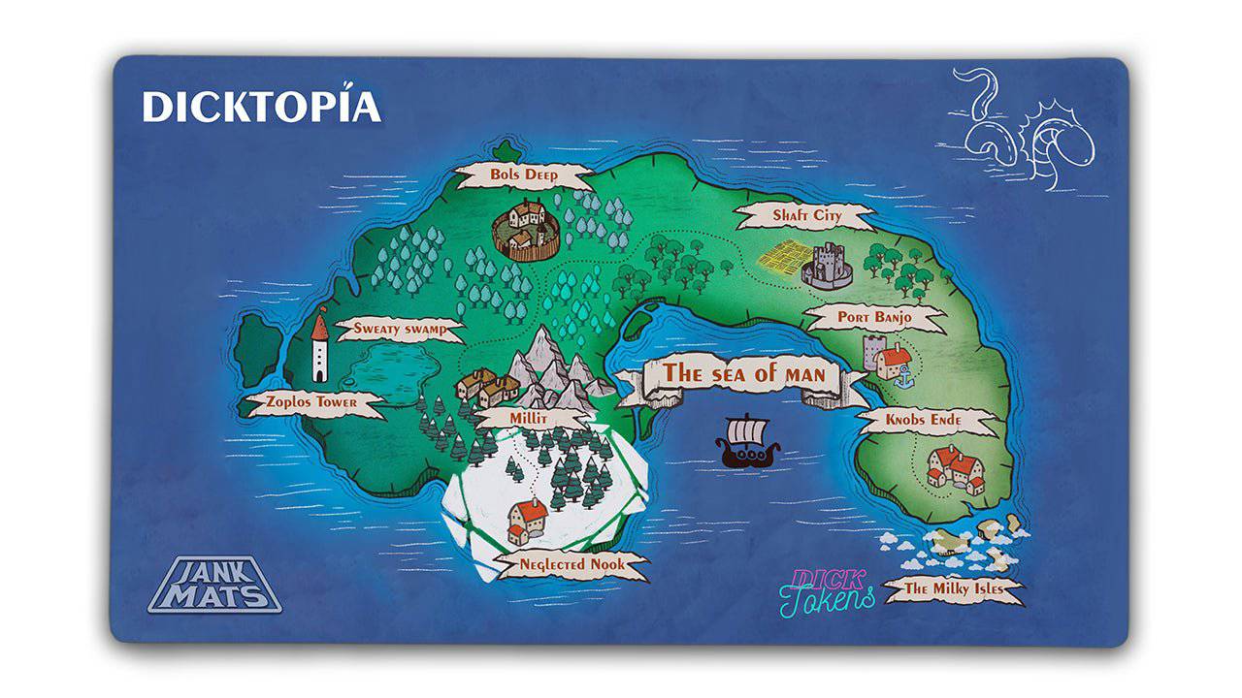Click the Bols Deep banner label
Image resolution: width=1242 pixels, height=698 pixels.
tap(524, 175)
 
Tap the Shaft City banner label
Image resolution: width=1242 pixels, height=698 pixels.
tap(806, 215)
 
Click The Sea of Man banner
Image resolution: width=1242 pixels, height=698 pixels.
tap(743, 374)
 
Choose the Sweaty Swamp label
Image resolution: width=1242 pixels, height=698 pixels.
tap(399, 329)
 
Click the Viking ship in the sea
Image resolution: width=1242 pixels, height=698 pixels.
tap(746, 442)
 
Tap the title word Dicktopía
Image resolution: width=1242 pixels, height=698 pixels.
tap(261, 107)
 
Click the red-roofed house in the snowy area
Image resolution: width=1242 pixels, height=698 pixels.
tap(527, 520)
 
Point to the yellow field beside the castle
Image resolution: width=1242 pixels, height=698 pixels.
tap(781, 257)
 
